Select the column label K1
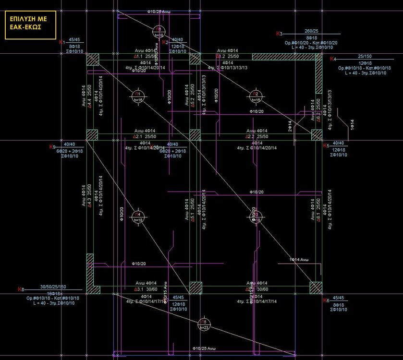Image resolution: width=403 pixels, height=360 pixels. click(61, 43)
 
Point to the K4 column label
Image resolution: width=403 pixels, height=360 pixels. click(333, 59)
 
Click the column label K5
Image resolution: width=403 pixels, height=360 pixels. click(325, 145)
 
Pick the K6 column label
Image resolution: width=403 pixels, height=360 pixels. click(326, 300)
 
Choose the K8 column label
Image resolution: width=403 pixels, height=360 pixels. click(20, 289)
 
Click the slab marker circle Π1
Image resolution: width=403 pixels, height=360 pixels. click(138, 96)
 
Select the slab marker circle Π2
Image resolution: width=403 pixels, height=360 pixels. click(256, 96)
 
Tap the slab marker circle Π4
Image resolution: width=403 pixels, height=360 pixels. click(138, 216)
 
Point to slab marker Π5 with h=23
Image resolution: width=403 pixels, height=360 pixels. click(204, 324)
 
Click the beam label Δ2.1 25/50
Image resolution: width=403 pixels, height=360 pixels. click(144, 137)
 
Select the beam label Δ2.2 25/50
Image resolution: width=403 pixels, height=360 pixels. click(257, 137)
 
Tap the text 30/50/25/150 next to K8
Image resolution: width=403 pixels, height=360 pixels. click(53, 287)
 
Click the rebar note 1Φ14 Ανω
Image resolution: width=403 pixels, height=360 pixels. click(298, 260)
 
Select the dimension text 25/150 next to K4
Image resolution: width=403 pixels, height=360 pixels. click(365, 57)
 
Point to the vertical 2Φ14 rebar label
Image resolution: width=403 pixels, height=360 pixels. click(290, 126)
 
